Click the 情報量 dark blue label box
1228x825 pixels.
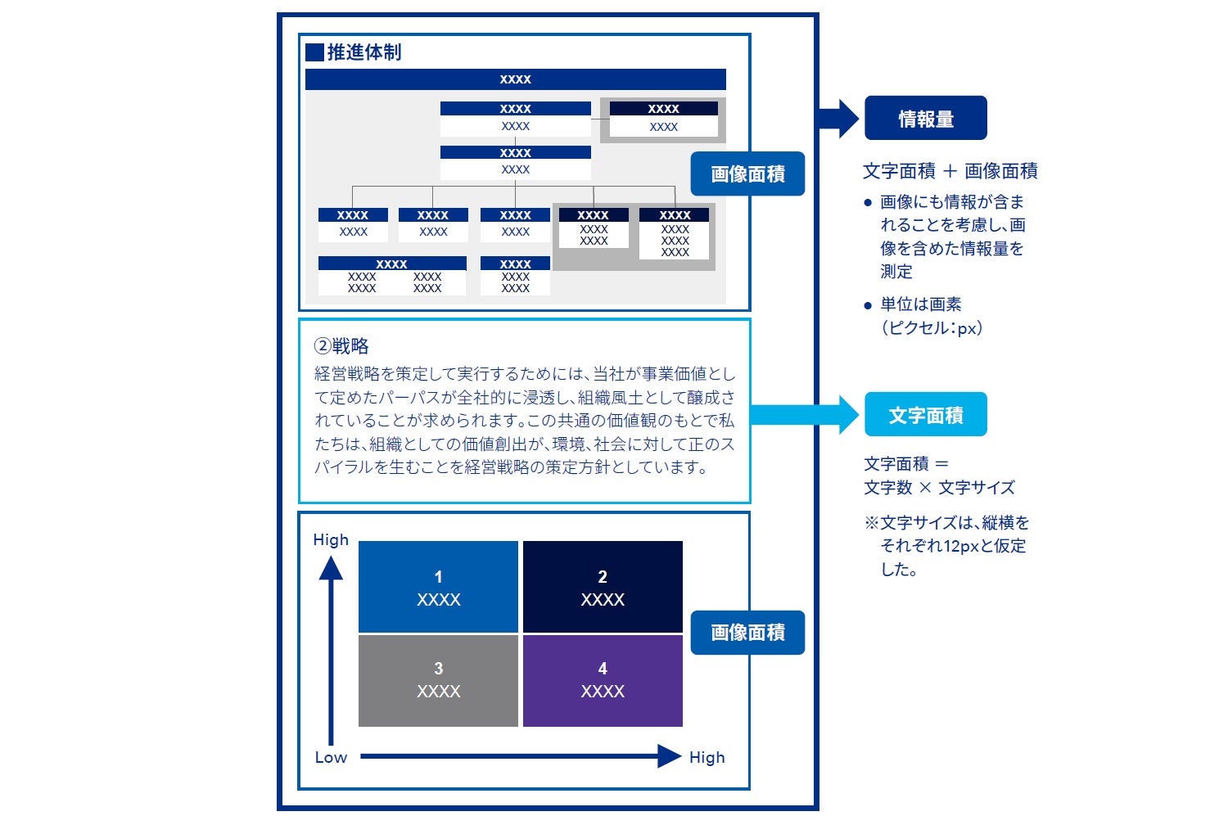point(926,119)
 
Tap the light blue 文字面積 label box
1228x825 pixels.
point(926,415)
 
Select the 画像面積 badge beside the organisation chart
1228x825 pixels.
point(747,174)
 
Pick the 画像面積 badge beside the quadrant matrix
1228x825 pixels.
point(747,632)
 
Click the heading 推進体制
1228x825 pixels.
point(364,52)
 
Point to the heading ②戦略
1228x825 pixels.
point(342,346)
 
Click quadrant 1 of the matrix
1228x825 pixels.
point(438,588)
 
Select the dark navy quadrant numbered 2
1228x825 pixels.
point(603,588)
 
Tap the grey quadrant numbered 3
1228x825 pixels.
point(438,680)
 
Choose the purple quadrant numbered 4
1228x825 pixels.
point(603,680)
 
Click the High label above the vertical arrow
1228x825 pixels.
point(331,540)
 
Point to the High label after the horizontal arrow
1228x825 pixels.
point(707,757)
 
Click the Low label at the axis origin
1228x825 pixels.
point(331,757)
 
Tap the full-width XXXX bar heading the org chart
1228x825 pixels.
point(515,79)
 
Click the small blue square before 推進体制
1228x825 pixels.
point(314,52)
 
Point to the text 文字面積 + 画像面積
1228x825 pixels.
point(950,171)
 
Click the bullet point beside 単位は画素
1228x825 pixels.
point(868,306)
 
